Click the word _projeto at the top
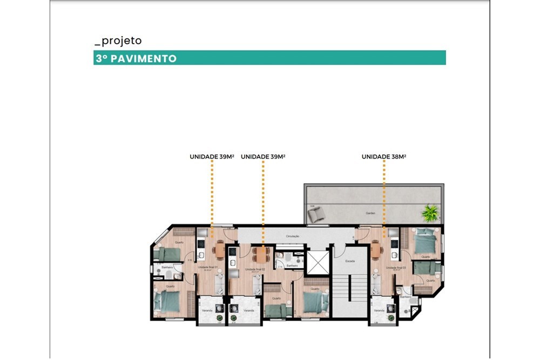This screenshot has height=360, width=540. (118, 41)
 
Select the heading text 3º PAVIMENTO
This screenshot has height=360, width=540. (136, 58)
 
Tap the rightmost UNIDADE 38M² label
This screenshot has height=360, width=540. (383, 157)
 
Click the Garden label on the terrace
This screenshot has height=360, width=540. (370, 213)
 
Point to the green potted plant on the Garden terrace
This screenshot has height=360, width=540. (430, 212)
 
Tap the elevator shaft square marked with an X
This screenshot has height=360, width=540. (317, 262)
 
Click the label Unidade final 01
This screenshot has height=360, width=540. (207, 267)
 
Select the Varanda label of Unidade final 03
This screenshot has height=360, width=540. (378, 311)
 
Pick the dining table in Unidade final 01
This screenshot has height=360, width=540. (219, 249)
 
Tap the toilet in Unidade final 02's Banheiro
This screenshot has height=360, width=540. (279, 263)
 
